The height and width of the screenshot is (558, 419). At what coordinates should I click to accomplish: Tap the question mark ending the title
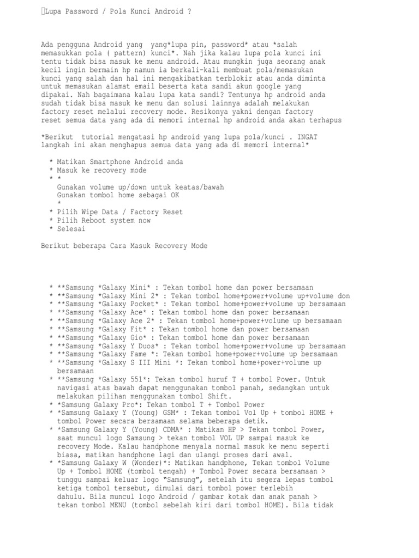pyautogui.click(x=189, y=11)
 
